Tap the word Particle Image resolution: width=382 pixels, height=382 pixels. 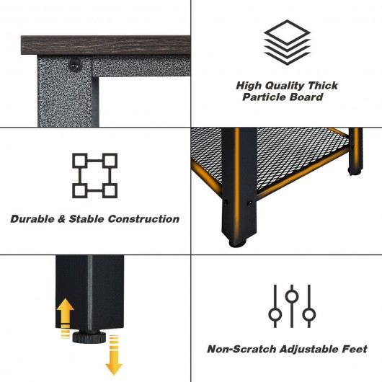tap(264, 97)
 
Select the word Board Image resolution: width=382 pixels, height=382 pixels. tap(306, 97)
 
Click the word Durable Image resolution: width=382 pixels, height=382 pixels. tap(32, 219)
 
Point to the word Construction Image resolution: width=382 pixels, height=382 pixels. tap(143, 219)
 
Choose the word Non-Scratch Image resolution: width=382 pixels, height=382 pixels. tap(241, 349)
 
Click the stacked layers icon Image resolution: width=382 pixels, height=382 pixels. tap(287, 43)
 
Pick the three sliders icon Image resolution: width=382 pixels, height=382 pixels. tap(292, 306)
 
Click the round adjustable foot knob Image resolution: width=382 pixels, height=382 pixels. tap(89, 337)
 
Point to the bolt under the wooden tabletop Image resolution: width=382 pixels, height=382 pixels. tap(74, 65)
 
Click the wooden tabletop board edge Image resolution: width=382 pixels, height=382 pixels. tap(105, 45)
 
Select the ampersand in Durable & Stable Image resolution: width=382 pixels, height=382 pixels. tap(61, 219)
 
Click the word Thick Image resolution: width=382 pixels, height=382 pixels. tap(323, 86)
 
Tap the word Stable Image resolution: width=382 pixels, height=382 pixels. tap(86, 219)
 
